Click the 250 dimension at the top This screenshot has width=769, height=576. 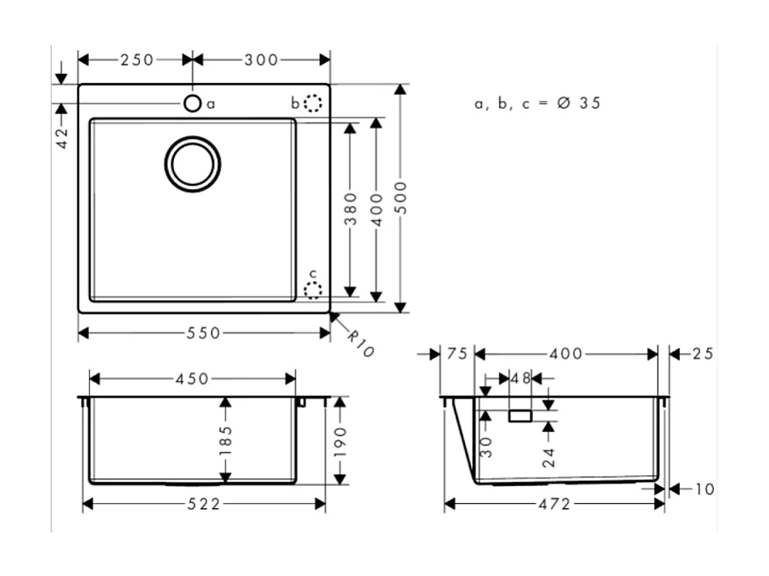(x=137, y=59)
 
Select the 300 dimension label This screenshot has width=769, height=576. (x=261, y=59)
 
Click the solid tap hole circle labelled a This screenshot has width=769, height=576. (x=193, y=103)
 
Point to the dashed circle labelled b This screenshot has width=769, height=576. (x=313, y=103)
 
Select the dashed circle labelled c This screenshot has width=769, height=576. (x=313, y=290)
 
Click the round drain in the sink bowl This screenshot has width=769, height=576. (x=193, y=163)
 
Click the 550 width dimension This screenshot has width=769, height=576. (x=204, y=333)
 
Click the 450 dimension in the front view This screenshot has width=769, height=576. (x=192, y=378)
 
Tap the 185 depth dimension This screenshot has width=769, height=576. (x=225, y=440)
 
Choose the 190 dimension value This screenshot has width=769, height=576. (x=340, y=440)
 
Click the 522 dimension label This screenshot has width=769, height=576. (x=204, y=504)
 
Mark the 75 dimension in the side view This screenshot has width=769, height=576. (x=457, y=354)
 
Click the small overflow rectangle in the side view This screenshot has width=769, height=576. (x=519, y=416)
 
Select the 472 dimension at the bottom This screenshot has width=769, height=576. (x=553, y=504)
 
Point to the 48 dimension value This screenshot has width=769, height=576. (x=520, y=377)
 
